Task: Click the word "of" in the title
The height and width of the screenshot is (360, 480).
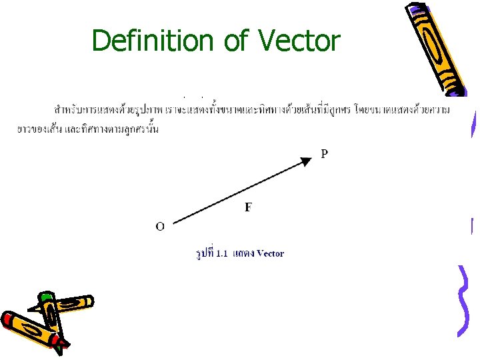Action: (235, 41)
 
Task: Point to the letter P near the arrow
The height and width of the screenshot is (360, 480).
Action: (324, 154)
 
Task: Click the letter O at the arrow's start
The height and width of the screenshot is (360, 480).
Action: (160, 226)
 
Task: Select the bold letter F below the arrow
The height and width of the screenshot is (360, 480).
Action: (248, 207)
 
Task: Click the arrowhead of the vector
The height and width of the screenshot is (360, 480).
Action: (306, 161)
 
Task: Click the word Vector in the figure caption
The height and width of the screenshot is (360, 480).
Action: (270, 253)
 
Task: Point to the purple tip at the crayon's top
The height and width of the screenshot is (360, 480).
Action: (417, 9)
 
